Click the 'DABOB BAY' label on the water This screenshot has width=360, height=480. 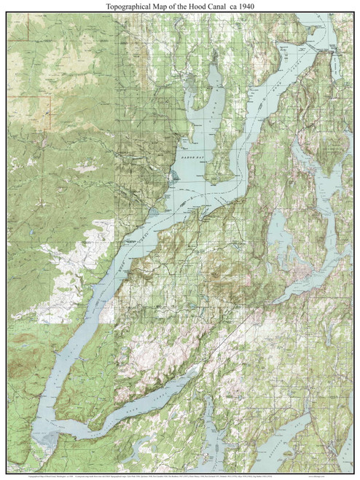(192, 154)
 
